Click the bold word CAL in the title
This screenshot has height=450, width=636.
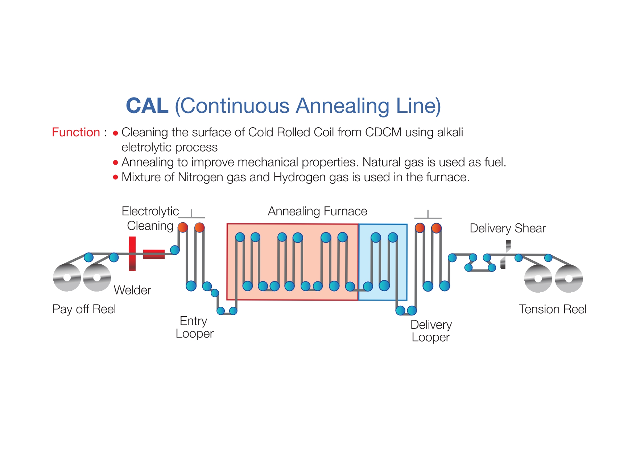point(147,106)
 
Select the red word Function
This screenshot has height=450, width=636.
point(76,132)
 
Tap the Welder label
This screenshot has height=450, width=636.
point(132,290)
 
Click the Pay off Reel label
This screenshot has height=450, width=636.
point(84,309)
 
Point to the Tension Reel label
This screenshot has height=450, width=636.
point(553,309)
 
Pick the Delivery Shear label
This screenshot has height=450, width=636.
point(508,228)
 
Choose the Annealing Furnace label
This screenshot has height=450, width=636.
point(317,211)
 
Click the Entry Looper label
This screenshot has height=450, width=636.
point(194,327)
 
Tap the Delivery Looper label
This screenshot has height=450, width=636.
point(431,331)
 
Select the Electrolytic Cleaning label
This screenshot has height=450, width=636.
point(150,218)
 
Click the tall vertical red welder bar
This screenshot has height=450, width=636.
point(132,254)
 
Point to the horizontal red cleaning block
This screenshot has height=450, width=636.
point(154,254)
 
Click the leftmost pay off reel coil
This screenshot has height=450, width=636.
point(67,277)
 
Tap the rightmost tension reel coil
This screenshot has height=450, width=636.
point(569,278)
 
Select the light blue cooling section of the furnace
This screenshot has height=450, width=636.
point(383,262)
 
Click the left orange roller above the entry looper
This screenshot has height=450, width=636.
point(183,227)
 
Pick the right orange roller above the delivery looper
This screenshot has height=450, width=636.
point(436,228)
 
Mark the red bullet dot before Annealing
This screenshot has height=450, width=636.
point(116,162)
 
